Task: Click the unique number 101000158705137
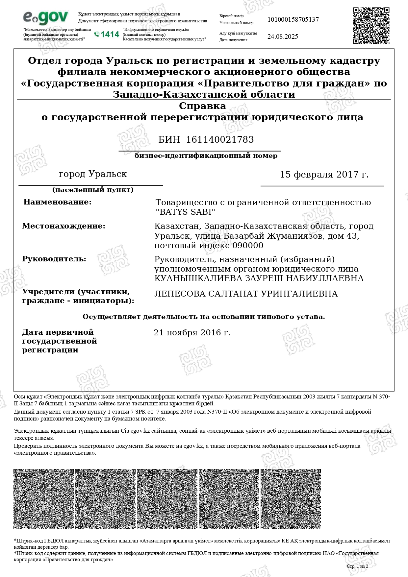[293, 19]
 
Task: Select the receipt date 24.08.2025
[283, 36]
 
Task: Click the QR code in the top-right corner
[371, 26]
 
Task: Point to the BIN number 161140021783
[220, 140]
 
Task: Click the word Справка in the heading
[202, 106]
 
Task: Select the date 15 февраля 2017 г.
[324, 175]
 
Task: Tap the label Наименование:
[57, 202]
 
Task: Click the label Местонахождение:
[64, 226]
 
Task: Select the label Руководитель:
[54, 259]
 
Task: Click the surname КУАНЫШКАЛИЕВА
[199, 278]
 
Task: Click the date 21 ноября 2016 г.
[192, 333]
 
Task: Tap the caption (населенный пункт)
[93, 190]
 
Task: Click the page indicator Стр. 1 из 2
[357, 566]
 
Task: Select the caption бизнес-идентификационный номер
[206, 156]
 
